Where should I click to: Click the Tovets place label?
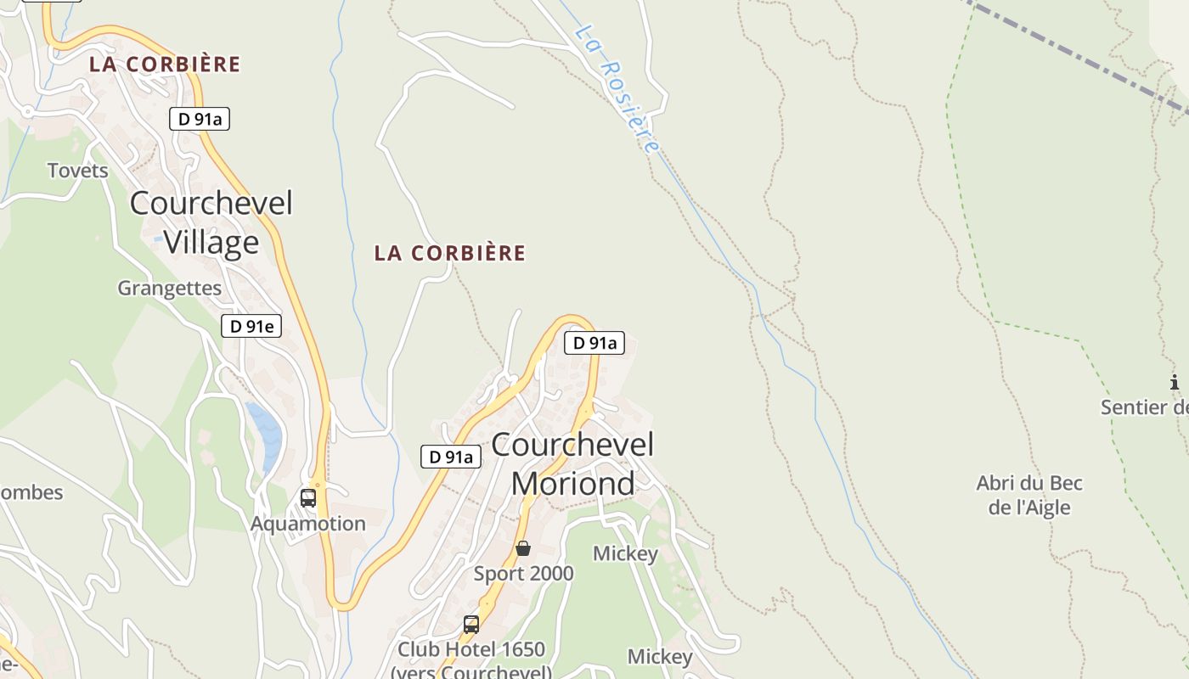[78, 171]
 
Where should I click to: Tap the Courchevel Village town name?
[211, 222]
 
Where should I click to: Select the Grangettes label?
[169, 289]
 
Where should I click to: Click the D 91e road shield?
[251, 326]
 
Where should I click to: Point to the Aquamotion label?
[307, 524]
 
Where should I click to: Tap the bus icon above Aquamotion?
[307, 498]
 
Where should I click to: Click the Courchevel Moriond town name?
[573, 463]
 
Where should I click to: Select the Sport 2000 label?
[523, 574]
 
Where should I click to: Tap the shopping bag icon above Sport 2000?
[523, 548]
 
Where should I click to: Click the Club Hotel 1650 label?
[471, 650]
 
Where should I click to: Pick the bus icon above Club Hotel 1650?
[471, 625]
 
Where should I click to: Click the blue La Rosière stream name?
[617, 88]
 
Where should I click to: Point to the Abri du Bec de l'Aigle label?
[1029, 496]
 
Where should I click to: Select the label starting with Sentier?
[1145, 407]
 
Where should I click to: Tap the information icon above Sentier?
[1175, 383]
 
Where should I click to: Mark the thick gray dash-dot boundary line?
[1079, 56]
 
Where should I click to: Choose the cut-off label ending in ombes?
[31, 492]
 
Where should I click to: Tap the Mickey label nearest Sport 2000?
[625, 554]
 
